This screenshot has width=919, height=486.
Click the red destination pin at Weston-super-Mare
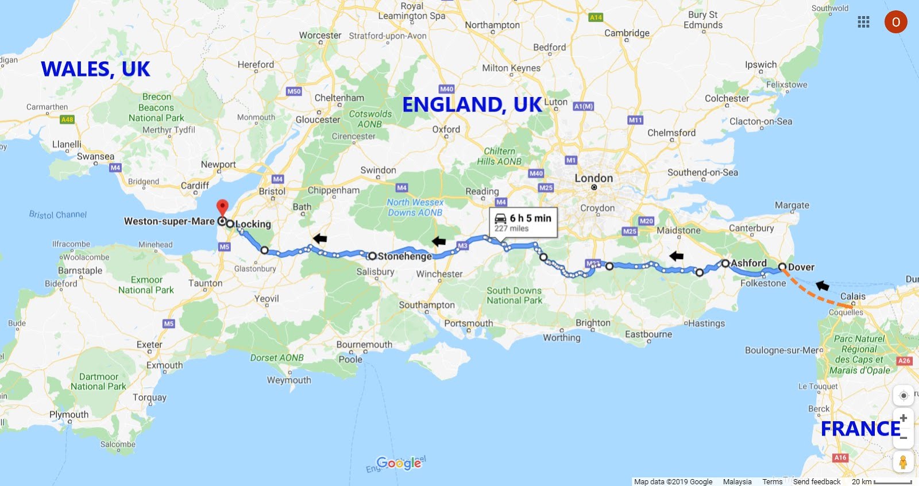tap(222, 207)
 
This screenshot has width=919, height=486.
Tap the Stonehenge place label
tap(404, 256)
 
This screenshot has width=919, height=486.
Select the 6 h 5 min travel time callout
tap(523, 222)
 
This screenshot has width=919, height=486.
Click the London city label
tap(594, 179)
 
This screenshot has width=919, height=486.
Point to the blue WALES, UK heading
tap(95, 70)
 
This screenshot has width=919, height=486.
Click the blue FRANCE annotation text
tap(860, 429)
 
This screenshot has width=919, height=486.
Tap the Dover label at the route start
tap(801, 267)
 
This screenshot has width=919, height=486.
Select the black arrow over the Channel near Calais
tap(823, 285)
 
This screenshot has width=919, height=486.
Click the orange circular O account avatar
tap(895, 22)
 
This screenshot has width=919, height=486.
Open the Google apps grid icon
tap(863, 22)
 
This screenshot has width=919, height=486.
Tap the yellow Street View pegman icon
tap(903, 462)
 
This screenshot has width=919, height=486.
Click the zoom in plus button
tap(903, 418)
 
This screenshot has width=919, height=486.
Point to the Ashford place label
tap(748, 263)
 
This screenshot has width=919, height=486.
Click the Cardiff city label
tap(195, 186)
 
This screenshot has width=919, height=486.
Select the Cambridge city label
tap(627, 33)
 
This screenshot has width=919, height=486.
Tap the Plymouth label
tap(69, 414)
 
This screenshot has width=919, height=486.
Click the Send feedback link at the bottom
tap(816, 481)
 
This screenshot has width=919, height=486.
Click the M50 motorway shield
tap(294, 91)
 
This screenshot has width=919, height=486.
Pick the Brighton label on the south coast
tap(593, 323)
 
